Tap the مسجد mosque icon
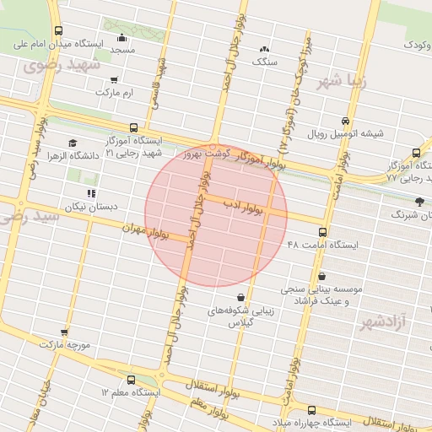tap(122, 37)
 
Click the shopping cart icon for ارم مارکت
tap(113, 82)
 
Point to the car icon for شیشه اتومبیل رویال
tap(344, 121)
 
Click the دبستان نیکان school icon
tap(90, 193)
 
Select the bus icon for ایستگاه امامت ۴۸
tap(323, 232)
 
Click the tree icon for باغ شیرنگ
tap(419, 201)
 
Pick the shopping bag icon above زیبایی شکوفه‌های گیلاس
tap(242, 297)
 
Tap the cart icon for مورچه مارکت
tap(64, 332)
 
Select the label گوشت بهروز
tap(206, 154)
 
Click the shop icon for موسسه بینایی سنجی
tap(323, 276)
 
